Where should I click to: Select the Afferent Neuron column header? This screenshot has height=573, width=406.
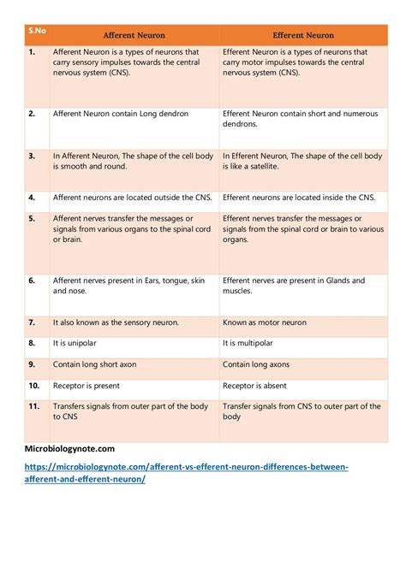point(134,35)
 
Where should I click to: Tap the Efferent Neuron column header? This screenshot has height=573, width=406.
point(303,35)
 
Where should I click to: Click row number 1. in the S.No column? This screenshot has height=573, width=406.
point(32,52)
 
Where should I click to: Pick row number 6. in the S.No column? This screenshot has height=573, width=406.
point(32,280)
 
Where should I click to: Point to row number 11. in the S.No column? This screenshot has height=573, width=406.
point(34,406)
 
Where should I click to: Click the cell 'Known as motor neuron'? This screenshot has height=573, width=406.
point(265,322)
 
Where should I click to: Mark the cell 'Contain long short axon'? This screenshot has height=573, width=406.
point(94,364)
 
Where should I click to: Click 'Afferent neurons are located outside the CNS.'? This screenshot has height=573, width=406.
point(132,197)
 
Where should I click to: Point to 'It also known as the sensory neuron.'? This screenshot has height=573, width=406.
point(116,322)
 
